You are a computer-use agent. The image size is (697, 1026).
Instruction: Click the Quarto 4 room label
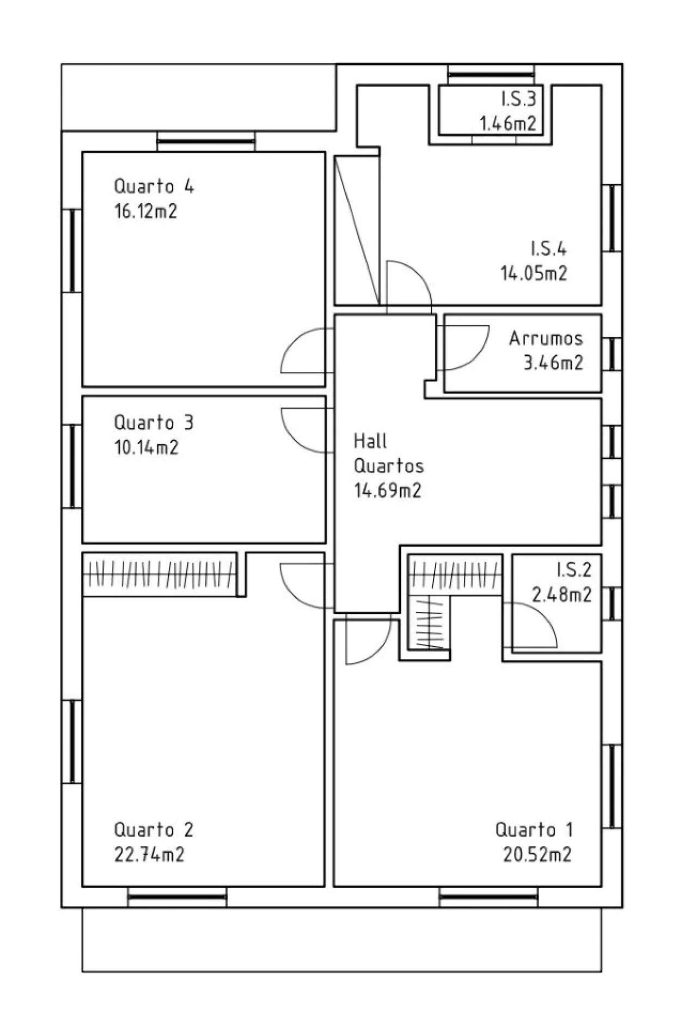tap(154, 186)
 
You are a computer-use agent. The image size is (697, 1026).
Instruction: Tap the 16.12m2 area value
tap(146, 211)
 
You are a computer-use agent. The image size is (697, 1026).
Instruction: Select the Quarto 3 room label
tap(154, 422)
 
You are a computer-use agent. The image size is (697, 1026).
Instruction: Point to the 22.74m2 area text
tap(149, 854)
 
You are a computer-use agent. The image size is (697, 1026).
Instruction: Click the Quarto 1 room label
tap(534, 830)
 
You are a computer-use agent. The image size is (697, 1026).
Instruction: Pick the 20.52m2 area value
tap(537, 854)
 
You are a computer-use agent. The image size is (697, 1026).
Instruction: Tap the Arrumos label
tap(546, 338)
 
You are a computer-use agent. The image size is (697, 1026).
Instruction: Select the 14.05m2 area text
tap(534, 273)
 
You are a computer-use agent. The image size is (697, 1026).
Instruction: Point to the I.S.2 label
tap(574, 569)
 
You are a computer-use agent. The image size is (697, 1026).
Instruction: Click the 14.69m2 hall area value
tap(388, 490)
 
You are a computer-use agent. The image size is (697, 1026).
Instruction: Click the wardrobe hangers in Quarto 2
tap(160, 574)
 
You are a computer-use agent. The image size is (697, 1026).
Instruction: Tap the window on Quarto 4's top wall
tap(206, 142)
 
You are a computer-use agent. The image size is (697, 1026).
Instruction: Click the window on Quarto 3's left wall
tap(72, 466)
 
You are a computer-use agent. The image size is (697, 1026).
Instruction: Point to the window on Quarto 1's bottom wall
tap(488, 896)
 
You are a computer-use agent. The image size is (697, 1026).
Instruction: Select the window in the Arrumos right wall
tap(612, 354)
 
